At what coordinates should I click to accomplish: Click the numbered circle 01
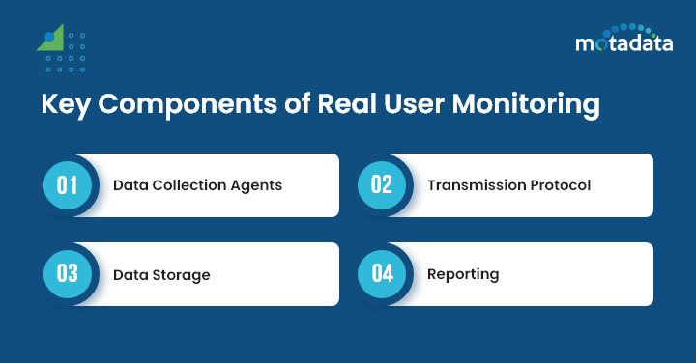click(67, 184)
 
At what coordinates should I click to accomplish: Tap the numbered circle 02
click(382, 184)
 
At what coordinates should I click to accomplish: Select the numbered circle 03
click(67, 273)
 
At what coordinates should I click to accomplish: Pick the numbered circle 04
click(382, 273)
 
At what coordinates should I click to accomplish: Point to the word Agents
click(258, 185)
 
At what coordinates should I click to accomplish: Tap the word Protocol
click(560, 184)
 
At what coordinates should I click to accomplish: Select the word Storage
click(181, 274)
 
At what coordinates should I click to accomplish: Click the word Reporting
click(463, 274)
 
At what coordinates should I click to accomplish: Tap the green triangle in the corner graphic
click(52, 40)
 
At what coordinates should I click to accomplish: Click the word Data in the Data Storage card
click(130, 274)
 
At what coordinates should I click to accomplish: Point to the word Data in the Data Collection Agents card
click(130, 184)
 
